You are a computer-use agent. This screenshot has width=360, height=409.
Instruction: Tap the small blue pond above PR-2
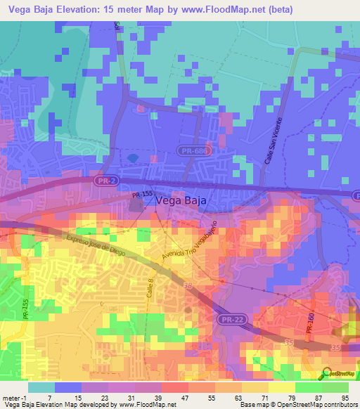(x=132, y=157)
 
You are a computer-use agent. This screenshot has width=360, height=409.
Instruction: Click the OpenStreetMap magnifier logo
(x=327, y=372)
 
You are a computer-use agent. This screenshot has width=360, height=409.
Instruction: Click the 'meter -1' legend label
(x=13, y=398)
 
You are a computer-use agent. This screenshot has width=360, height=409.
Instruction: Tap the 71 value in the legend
(x=262, y=398)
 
